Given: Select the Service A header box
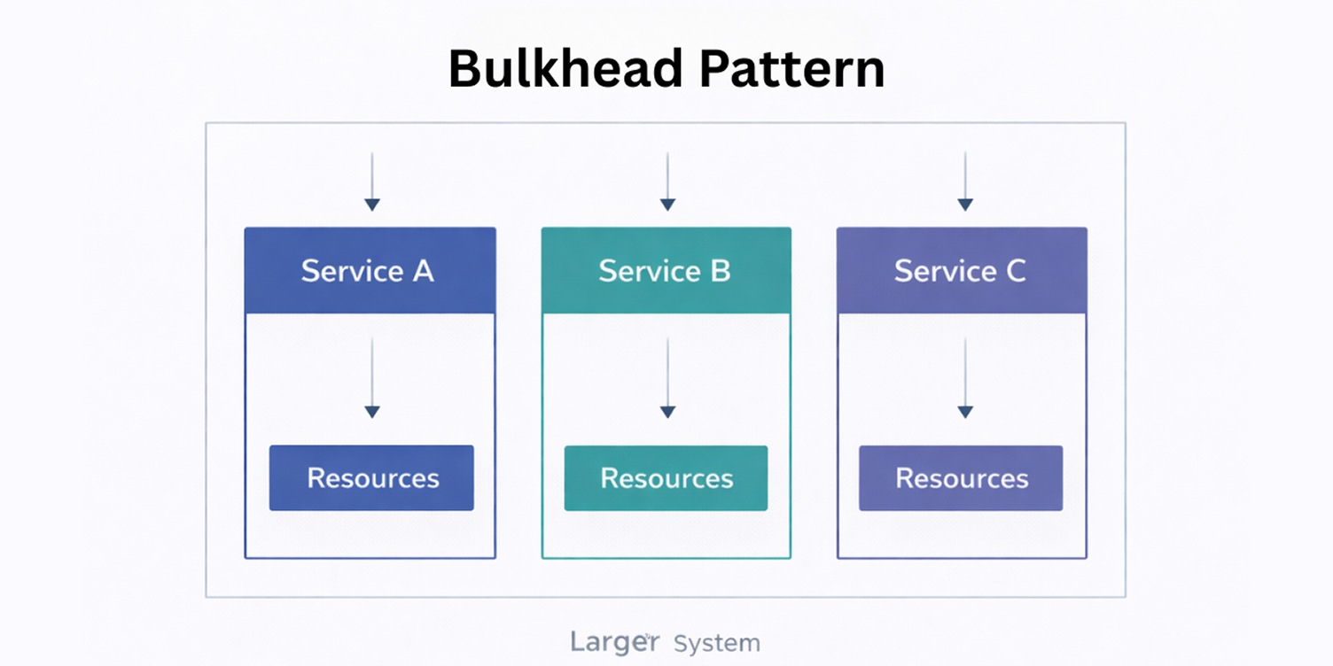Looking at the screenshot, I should tap(370, 270).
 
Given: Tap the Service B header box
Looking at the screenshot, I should tap(666, 270).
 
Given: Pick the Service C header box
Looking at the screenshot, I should tap(962, 270).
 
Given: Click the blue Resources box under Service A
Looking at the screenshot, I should tap(371, 478).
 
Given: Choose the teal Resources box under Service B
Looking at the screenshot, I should tap(666, 478).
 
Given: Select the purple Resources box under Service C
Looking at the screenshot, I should tap(961, 478).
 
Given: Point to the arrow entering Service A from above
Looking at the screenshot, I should tap(372, 182).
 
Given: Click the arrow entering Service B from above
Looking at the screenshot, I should tap(667, 182).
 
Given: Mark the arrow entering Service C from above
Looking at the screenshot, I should tap(965, 182).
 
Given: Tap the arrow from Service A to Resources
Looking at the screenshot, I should tap(372, 378).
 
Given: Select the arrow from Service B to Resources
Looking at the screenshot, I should tap(667, 378).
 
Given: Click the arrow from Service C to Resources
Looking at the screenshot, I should tap(965, 378).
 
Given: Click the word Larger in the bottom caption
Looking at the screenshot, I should tap(614, 642).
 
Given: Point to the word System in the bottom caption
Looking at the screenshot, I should tap(716, 643).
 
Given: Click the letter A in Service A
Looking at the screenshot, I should tap(423, 271).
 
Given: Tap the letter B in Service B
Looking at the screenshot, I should tap(720, 271).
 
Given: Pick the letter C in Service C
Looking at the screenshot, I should tap(1015, 271).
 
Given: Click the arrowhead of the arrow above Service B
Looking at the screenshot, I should tap(667, 205).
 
